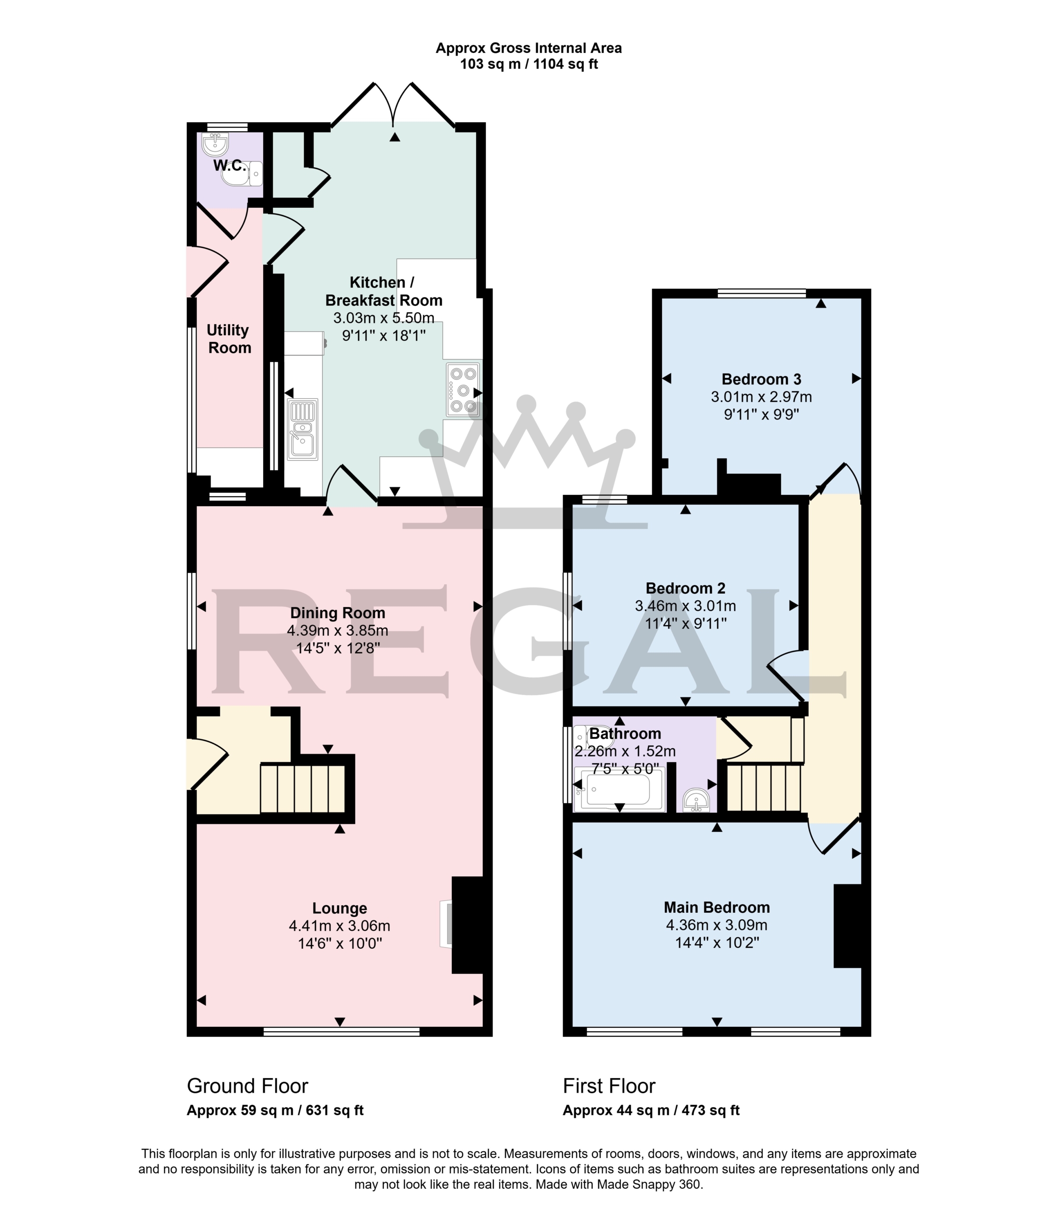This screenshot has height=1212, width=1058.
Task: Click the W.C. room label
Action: pyautogui.click(x=229, y=166)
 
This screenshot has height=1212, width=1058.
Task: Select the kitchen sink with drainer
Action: pyautogui.click(x=302, y=429)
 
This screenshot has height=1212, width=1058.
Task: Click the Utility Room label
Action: pyautogui.click(x=229, y=339)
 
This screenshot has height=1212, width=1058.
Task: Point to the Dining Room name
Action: pyautogui.click(x=338, y=613)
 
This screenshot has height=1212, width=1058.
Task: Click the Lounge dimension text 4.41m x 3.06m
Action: pyautogui.click(x=339, y=926)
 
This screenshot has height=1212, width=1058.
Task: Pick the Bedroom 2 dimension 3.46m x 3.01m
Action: pyautogui.click(x=686, y=606)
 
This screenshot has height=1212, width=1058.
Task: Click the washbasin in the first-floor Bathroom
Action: pyautogui.click(x=697, y=800)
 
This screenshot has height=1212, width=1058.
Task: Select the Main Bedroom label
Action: pyautogui.click(x=717, y=907)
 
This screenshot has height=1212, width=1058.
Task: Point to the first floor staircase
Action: pyautogui.click(x=764, y=788)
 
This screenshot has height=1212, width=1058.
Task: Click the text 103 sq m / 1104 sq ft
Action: pyautogui.click(x=529, y=64)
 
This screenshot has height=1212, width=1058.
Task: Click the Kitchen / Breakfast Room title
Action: pyautogui.click(x=384, y=291)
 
